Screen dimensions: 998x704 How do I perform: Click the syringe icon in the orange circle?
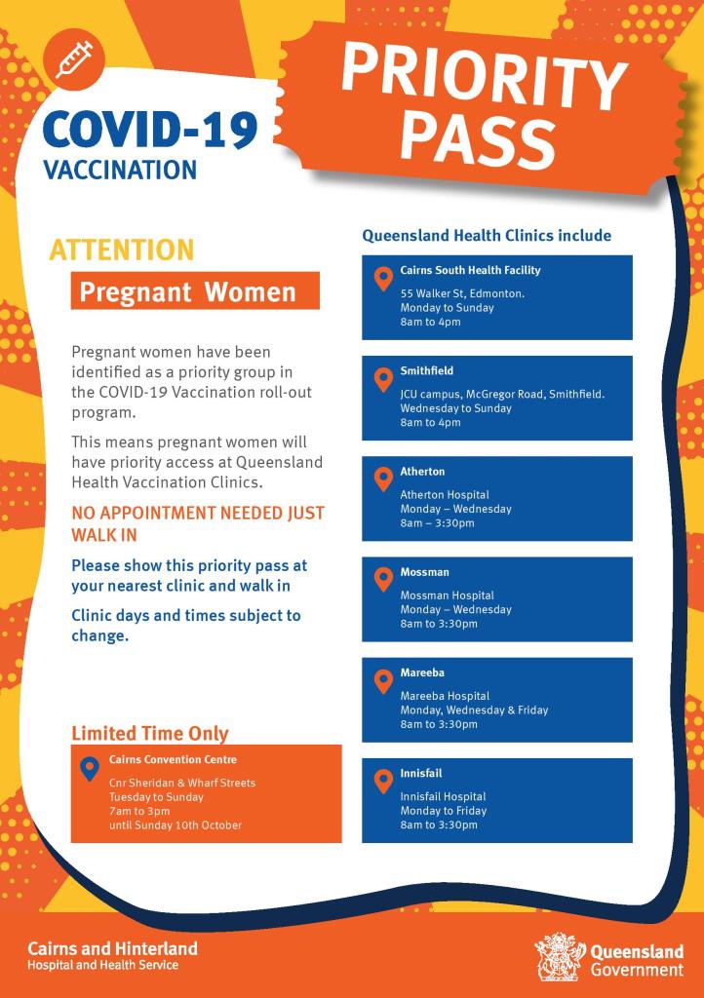coord(75,58)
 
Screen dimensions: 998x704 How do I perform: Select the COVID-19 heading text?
coord(150,130)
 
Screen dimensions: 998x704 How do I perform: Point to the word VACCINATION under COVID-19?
coord(120,170)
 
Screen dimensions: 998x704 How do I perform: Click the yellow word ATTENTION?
coord(122,250)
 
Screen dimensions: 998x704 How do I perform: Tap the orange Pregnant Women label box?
coord(195,291)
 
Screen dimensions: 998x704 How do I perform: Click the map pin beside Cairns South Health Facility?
coord(383,280)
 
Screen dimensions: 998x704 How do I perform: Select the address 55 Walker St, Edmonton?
coord(462,293)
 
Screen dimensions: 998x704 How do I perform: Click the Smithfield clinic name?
coord(427,371)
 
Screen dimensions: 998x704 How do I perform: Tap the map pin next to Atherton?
coord(383,480)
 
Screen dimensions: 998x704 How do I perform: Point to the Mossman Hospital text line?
coord(448,595)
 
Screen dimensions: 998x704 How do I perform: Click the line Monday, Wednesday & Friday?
coord(474,710)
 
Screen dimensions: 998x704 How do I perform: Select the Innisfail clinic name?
coord(421,773)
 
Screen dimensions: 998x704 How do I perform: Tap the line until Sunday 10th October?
coord(176,825)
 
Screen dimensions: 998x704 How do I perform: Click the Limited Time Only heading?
coord(150,734)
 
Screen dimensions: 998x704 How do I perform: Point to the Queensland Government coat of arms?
coord(559,956)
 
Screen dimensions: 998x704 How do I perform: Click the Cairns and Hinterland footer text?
coord(112,948)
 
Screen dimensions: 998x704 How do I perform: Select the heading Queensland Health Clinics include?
coord(487,235)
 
